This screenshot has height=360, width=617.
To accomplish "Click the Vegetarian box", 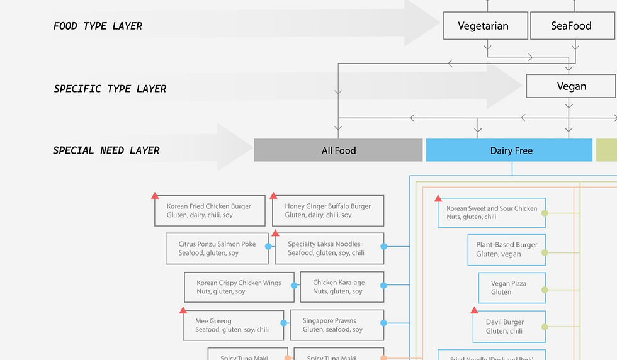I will pyautogui.click(x=484, y=26).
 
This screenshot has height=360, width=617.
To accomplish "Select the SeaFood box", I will pyautogui.click(x=572, y=26).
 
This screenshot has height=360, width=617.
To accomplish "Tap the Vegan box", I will pyautogui.click(x=571, y=87).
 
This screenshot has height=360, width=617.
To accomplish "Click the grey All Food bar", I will pyautogui.click(x=338, y=150).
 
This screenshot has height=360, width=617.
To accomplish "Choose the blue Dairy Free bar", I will pyautogui.click(x=511, y=150).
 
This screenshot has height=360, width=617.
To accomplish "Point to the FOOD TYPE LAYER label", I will pyautogui.click(x=98, y=26).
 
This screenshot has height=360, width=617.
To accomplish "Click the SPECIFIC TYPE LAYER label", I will pyautogui.click(x=110, y=89).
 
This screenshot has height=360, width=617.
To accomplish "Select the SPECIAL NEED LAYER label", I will pyautogui.click(x=106, y=150).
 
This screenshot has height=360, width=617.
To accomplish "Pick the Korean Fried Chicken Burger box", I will pyautogui.click(x=210, y=211).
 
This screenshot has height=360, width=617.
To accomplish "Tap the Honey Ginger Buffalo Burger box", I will pyautogui.click(x=328, y=211).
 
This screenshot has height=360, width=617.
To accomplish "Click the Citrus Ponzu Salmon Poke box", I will pyautogui.click(x=217, y=249).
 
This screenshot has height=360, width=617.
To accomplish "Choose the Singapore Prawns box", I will pyautogui.click(x=337, y=325).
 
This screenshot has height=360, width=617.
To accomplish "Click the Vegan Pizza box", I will pyautogui.click(x=512, y=288).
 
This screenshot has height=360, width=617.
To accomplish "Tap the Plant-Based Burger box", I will pyautogui.click(x=507, y=250).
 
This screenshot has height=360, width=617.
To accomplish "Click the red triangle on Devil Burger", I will pyautogui.click(x=474, y=310).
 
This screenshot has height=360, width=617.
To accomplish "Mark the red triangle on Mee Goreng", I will pyautogui.click(x=183, y=310).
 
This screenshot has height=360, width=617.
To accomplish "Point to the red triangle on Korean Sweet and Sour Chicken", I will pyautogui.click(x=439, y=198).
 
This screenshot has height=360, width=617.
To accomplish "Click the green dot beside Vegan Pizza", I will pyautogui.click(x=545, y=290).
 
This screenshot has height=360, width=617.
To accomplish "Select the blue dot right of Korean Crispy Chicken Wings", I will pyautogui.click(x=294, y=286).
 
